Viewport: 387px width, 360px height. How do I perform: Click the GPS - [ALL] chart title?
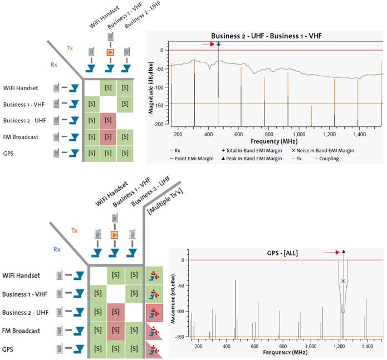(x=283, y=253)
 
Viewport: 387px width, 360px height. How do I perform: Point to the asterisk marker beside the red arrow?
(x=218, y=45)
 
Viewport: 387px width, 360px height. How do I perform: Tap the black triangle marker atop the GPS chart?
(x=344, y=252)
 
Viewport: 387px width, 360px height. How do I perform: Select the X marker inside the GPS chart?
(x=343, y=281)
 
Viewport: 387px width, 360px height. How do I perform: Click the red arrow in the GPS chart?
(x=331, y=252)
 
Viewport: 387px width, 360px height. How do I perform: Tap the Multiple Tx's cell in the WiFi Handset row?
(x=153, y=275)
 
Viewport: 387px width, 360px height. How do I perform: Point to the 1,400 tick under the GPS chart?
(x=367, y=346)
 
